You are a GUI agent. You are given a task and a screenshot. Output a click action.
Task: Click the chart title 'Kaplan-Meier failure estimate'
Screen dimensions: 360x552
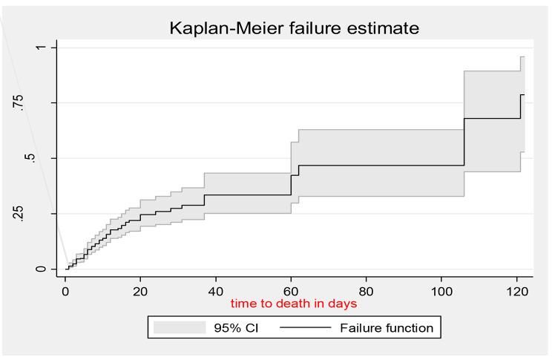[295, 29]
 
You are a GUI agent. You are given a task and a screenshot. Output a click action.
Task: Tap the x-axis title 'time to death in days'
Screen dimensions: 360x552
[294, 304]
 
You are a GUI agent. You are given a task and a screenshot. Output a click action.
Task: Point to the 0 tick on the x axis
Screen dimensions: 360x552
[65, 289]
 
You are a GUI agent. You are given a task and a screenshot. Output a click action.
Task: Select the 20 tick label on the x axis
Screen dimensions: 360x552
[140, 289]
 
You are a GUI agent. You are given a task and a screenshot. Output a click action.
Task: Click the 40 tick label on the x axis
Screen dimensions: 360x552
[216, 289]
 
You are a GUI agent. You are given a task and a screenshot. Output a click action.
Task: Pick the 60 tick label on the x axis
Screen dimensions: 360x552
[291, 289]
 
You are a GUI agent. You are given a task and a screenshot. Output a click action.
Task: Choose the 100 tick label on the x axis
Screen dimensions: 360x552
[441, 289]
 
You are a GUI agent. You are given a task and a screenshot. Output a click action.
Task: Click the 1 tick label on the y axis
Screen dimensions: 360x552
[41, 48]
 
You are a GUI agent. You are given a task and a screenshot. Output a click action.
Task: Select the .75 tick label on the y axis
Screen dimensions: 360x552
[41, 102]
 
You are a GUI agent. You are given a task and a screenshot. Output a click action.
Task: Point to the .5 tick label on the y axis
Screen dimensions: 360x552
[41, 158]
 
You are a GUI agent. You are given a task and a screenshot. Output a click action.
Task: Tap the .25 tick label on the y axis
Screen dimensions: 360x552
[41, 214]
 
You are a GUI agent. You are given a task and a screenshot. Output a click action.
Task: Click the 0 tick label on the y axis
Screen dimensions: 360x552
[41, 269]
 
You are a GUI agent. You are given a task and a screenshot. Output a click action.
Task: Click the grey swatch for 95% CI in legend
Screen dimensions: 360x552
[179, 327]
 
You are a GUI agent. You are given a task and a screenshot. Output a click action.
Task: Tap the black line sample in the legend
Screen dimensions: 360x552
[306, 327]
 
